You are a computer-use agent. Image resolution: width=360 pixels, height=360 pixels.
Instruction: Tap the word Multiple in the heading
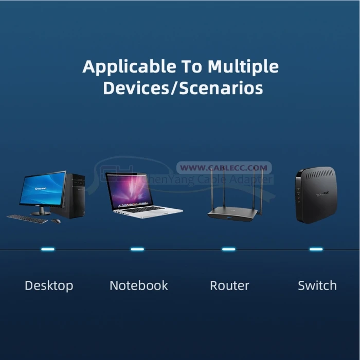(243, 66)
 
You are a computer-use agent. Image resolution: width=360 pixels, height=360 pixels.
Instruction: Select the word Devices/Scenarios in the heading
(183, 87)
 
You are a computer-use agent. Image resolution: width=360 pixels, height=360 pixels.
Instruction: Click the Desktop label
(49, 285)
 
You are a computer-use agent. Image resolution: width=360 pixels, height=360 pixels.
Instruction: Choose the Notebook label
(139, 285)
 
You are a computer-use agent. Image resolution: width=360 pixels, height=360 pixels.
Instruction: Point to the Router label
(229, 285)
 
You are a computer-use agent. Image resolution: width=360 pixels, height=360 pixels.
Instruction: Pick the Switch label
(317, 285)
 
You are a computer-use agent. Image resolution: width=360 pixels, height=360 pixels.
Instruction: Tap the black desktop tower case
(75, 195)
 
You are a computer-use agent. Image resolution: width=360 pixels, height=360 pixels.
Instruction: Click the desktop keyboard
(27, 219)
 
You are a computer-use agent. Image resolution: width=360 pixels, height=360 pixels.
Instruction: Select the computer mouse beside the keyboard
(56, 221)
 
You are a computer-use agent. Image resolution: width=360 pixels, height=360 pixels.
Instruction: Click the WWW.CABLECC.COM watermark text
(224, 168)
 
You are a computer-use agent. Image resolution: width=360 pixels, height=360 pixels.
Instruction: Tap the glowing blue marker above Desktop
(47, 249)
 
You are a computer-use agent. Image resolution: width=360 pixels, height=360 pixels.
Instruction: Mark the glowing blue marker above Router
(228, 249)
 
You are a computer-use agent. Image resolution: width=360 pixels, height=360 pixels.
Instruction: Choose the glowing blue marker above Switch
(316, 249)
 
